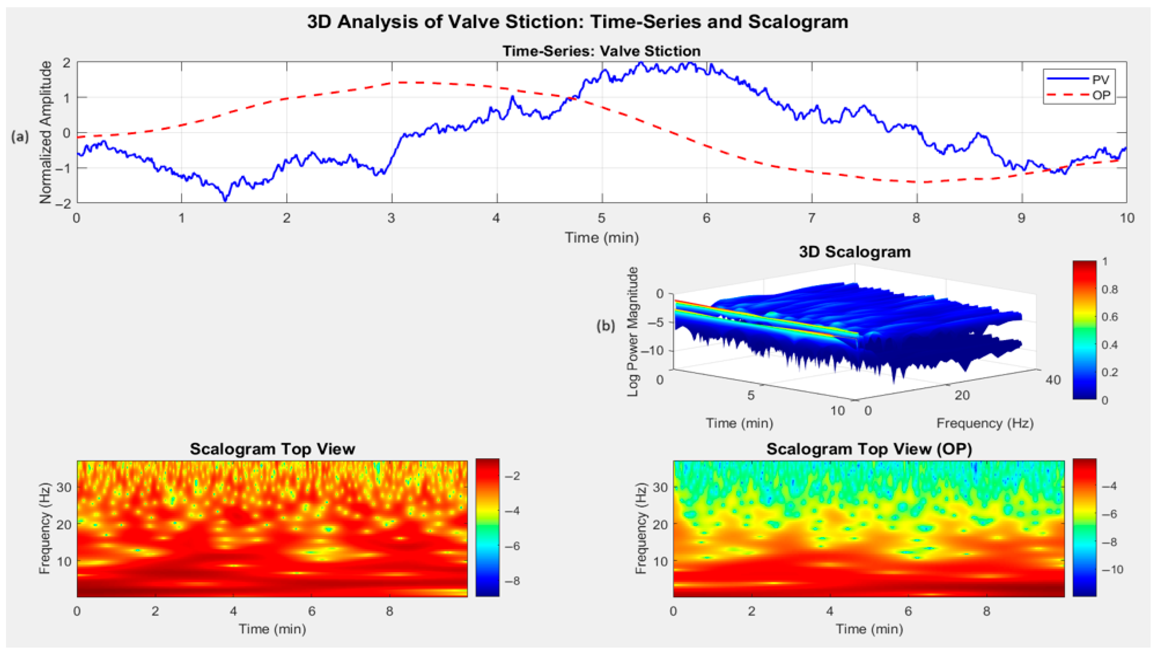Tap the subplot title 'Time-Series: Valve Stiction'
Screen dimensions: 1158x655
pos(601,51)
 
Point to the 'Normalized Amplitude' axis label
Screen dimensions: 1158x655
pos(45,132)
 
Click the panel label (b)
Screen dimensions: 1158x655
pos(606,325)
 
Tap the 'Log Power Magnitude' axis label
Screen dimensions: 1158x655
pos(632,332)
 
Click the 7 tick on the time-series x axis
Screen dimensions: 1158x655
pos(811,218)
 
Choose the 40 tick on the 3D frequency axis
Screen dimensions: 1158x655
pos(1053,380)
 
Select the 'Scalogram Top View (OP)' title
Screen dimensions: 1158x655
pos(869,449)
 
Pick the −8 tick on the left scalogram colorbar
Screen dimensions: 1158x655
pos(511,581)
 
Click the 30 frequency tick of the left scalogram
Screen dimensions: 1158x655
pos(64,487)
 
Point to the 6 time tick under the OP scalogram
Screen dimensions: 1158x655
pos(908,611)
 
